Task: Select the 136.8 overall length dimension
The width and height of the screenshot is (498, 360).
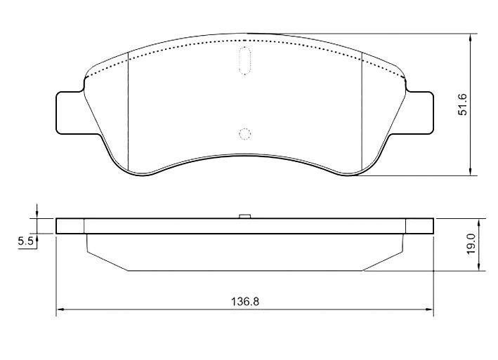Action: coord(245,302)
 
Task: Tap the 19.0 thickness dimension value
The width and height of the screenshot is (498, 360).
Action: coord(471,244)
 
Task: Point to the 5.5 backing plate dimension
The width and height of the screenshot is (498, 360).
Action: coord(25,241)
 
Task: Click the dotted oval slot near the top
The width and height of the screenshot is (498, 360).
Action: coord(244,60)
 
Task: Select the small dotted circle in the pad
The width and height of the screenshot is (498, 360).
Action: coord(245,134)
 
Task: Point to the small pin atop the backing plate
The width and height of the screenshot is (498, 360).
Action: coord(245,216)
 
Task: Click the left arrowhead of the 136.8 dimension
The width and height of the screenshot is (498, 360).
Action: coord(60,309)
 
